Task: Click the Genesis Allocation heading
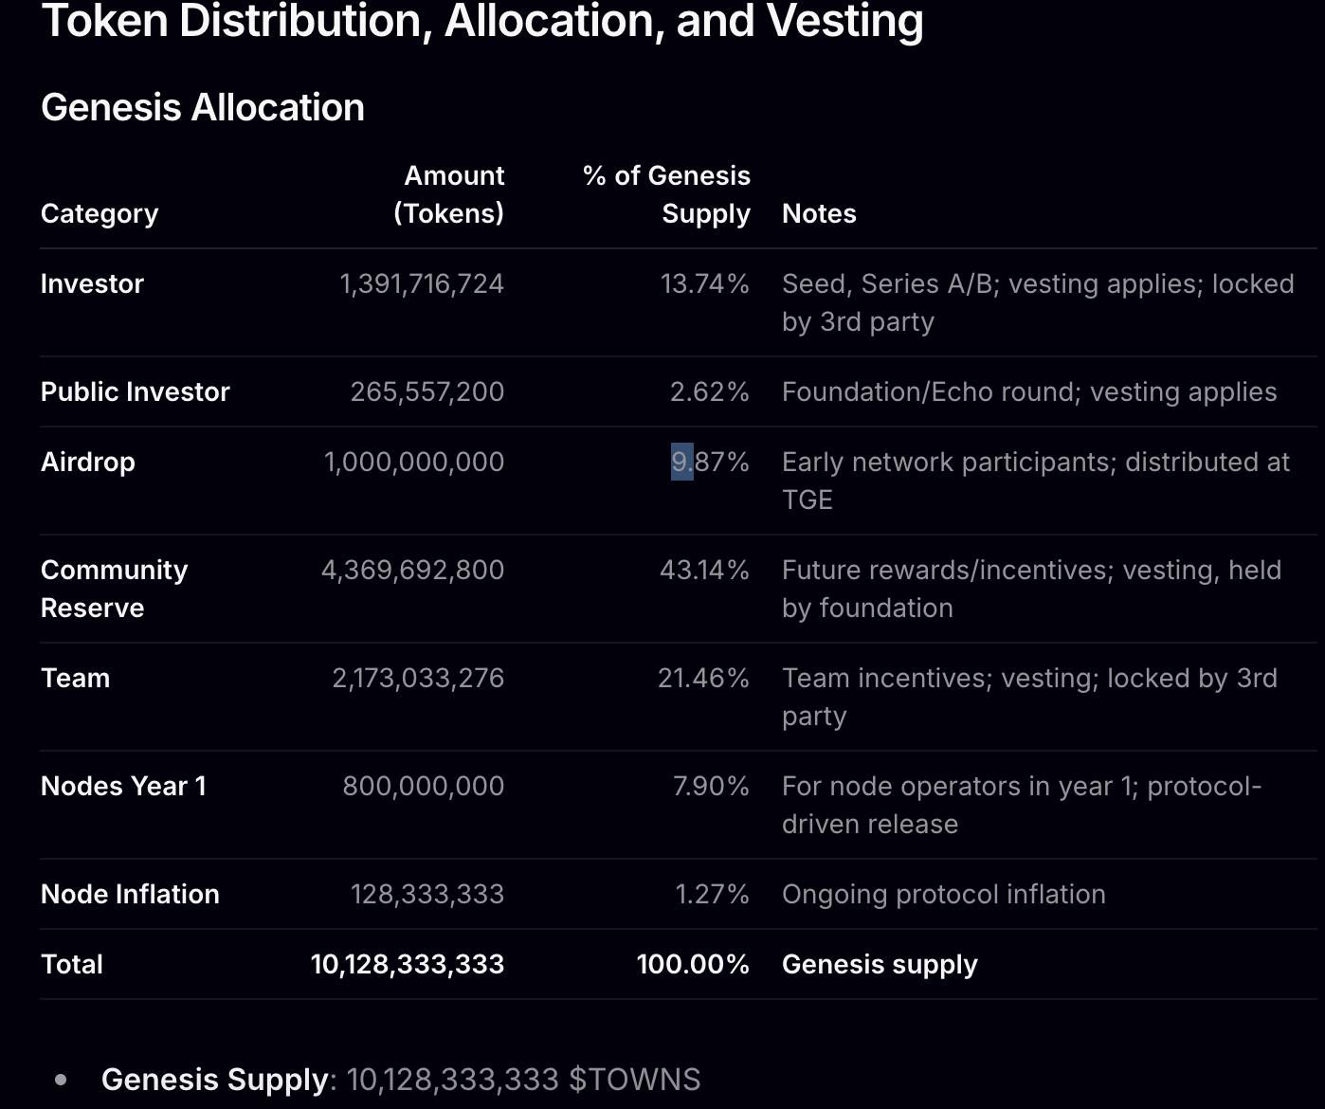[202, 107]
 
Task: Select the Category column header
[100, 213]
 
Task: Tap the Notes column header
[819, 213]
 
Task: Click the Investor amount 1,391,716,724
[422, 283]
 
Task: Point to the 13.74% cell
[705, 283]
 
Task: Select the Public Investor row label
[136, 391]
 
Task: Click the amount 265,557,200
[427, 391]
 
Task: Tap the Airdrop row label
[88, 462]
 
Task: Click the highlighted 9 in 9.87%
[681, 462]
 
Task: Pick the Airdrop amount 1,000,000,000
[414, 462]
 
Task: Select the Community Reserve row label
[114, 588]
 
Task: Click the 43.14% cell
[705, 570]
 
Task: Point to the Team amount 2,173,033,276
[418, 678]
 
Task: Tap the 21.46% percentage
[703, 678]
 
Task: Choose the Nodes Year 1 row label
[123, 786]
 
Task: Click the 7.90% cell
[711, 786]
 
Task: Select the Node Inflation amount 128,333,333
[427, 894]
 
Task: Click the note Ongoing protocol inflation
[943, 894]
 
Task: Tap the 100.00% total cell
[693, 964]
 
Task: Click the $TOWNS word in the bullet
[634, 1080]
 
